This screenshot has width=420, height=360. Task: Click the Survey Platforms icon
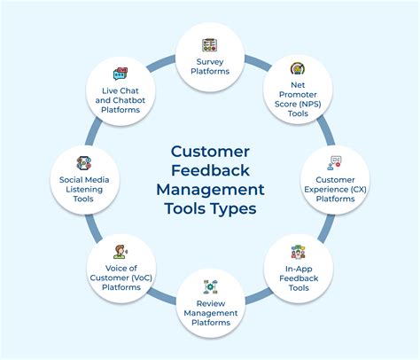pos(210,44)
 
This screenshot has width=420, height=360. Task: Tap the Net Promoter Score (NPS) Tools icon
pos(298,68)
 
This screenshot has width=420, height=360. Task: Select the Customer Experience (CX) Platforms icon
pos(335,162)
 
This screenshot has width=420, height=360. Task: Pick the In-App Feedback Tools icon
pos(298,252)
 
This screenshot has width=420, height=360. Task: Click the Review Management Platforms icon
pos(210,286)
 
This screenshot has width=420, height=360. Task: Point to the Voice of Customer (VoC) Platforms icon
pos(120,251)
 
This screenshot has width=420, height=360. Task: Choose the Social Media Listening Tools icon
pos(84,162)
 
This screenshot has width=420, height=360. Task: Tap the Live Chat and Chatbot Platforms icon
pos(120,74)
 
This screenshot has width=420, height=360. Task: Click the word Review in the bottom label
pos(210,304)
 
